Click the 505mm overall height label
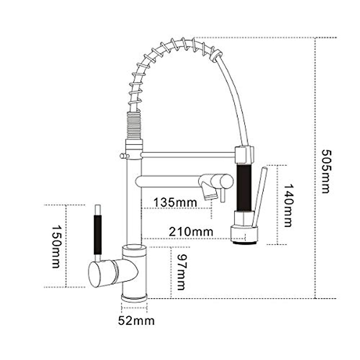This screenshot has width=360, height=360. click(x=325, y=171)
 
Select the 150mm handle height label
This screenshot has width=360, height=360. click(x=56, y=247)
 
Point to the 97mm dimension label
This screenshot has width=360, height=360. click(x=181, y=272)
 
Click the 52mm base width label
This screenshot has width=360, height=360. click(x=136, y=321)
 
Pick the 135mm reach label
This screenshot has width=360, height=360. click(x=175, y=202)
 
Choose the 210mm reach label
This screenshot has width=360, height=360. click(x=191, y=232)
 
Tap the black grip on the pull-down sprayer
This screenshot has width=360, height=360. click(x=243, y=187)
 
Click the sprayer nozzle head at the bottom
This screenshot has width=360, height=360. click(x=244, y=235)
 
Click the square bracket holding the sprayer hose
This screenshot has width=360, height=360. click(x=244, y=154)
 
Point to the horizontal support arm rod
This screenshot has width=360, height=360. click(x=187, y=154)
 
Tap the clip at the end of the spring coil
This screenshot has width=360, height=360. click(x=216, y=57)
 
